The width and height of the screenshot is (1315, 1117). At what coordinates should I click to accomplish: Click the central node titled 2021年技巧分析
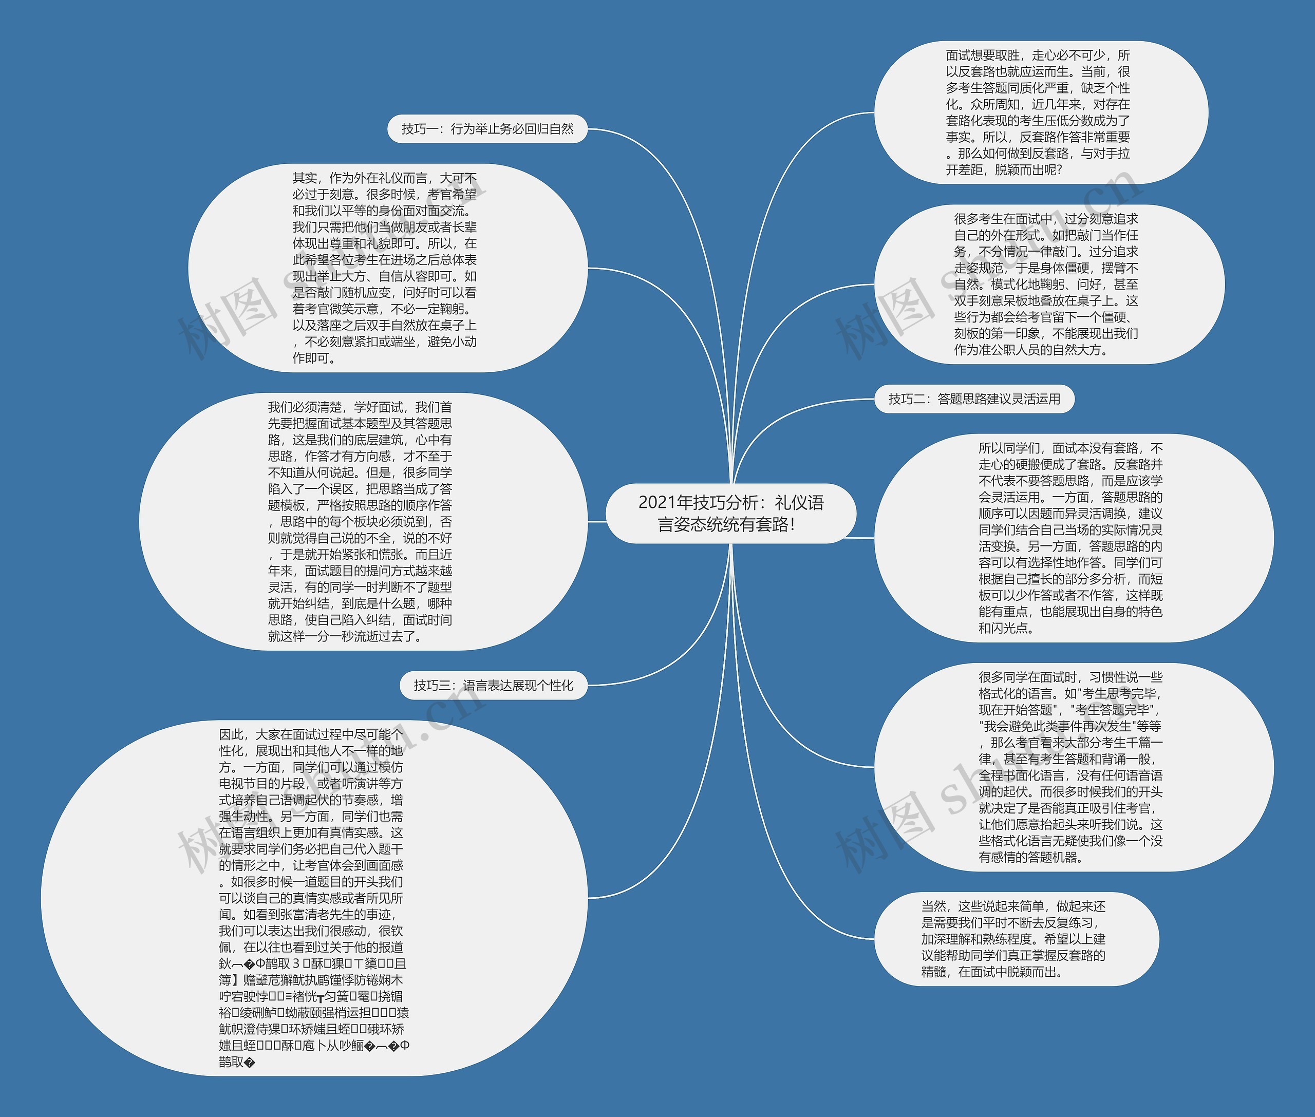[x=730, y=514]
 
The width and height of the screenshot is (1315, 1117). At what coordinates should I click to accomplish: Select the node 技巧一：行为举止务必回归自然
[x=487, y=129]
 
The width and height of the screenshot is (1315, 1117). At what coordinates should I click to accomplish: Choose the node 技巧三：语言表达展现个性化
[x=494, y=686]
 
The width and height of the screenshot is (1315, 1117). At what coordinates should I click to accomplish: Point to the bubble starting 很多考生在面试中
[x=1048, y=285]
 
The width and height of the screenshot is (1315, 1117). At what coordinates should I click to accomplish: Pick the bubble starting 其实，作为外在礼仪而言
[x=386, y=269]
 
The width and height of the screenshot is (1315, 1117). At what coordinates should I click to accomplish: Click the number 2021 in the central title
[x=657, y=503]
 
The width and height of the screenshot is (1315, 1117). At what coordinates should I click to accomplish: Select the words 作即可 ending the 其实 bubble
[x=313, y=358]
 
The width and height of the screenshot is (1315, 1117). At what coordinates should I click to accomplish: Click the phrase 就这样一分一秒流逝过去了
[x=345, y=636]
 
